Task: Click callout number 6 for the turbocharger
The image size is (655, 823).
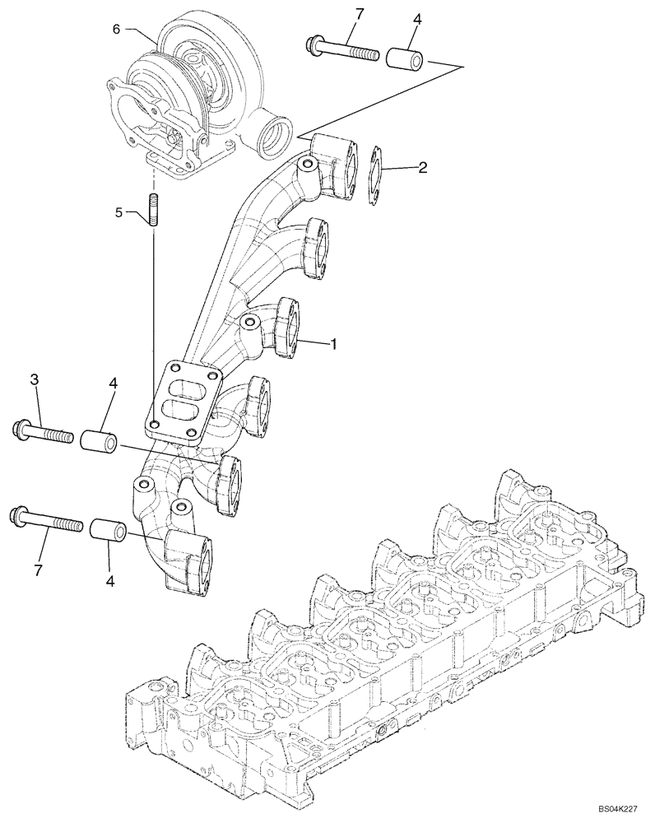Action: point(116,29)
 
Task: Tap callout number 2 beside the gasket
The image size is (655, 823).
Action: point(421,168)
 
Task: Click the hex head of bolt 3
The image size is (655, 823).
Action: point(21,428)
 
